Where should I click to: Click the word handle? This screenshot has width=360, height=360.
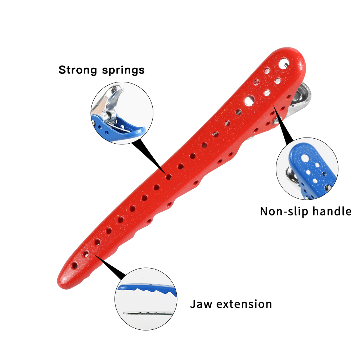click(x=331, y=211)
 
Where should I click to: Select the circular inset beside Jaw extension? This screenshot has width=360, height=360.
click(x=145, y=298)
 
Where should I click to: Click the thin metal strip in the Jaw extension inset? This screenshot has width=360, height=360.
click(x=146, y=313)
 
